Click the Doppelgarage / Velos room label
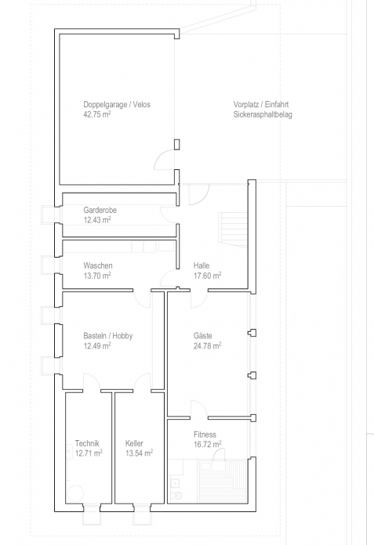[x=117, y=104]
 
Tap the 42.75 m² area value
[x=97, y=114]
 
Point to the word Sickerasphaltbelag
[x=263, y=114]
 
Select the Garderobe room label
[x=100, y=210]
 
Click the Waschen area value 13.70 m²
[x=97, y=276]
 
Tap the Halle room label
[x=202, y=265]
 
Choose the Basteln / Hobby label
[x=108, y=336]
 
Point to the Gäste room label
[x=203, y=336]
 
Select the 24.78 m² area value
[x=207, y=346]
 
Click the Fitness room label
[x=205, y=435]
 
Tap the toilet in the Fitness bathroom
[x=176, y=496]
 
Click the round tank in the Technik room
[x=75, y=493]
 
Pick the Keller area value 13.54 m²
[x=139, y=453]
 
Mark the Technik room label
[x=87, y=443]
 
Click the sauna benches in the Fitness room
[x=223, y=482]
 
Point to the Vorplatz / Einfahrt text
[x=261, y=104]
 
